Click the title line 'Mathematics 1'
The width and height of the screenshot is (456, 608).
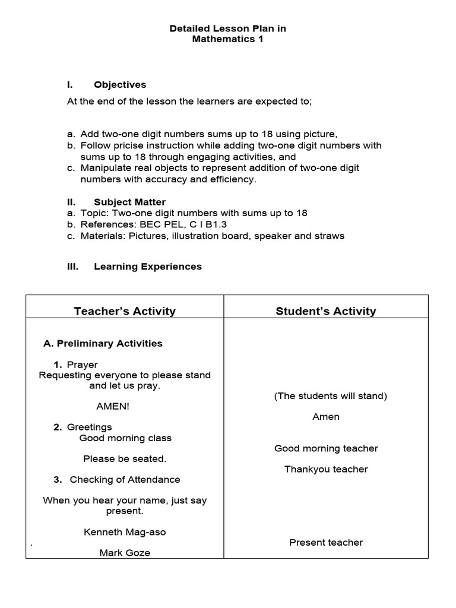pyautogui.click(x=227, y=40)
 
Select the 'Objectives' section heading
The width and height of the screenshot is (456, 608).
pyautogui.click(x=120, y=85)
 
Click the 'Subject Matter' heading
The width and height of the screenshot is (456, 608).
pyautogui.click(x=129, y=202)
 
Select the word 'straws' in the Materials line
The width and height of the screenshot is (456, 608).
pyautogui.click(x=330, y=236)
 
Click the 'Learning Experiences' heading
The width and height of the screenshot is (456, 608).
pyautogui.click(x=147, y=267)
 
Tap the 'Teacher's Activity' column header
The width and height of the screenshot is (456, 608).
pyautogui.click(x=125, y=311)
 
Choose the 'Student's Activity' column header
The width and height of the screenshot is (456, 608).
pyautogui.click(x=325, y=311)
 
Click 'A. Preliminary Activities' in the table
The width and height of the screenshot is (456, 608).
pyautogui.click(x=103, y=343)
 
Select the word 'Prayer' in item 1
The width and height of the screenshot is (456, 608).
pyautogui.click(x=83, y=365)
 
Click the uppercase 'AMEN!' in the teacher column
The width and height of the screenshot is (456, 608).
pyautogui.click(x=112, y=407)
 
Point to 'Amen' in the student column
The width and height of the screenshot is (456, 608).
pyautogui.click(x=326, y=417)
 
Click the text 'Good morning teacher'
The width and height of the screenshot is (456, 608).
pyautogui.click(x=326, y=448)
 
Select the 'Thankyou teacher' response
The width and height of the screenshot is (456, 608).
pyautogui.click(x=326, y=469)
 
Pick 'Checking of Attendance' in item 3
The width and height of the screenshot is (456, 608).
pyautogui.click(x=125, y=480)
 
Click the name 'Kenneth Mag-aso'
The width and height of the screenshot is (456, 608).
pyautogui.click(x=125, y=532)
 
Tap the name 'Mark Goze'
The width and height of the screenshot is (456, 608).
pyautogui.click(x=125, y=553)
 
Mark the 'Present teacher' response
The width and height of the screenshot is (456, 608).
pyautogui.click(x=326, y=542)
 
